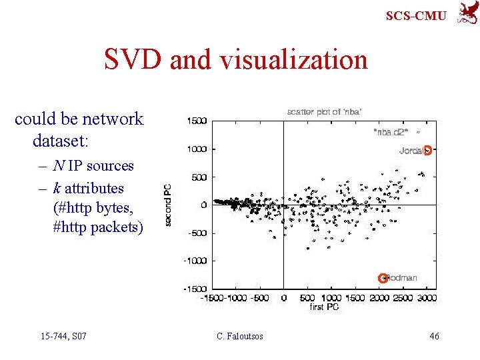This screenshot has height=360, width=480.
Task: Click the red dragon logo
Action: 466,13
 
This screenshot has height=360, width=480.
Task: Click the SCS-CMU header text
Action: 416,15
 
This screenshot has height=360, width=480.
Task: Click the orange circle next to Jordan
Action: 427,150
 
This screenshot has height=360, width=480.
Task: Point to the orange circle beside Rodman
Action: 383,277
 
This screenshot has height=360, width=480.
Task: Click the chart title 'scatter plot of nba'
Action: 325,111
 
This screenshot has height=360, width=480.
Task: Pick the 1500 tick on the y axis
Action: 197,121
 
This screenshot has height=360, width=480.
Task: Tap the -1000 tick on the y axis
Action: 195,261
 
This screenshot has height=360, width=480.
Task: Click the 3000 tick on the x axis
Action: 427,298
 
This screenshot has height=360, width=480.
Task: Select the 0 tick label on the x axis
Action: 284,298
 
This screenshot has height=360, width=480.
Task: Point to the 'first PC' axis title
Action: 325,307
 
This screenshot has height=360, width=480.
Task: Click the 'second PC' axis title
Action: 168,204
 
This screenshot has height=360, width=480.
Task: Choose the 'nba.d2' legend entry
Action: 391,132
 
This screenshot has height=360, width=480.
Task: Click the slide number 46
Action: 434,336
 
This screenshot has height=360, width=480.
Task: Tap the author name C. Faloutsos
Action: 240,336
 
